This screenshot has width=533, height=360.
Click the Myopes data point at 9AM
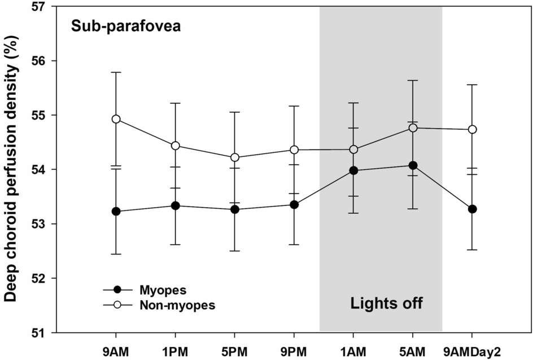click(116, 212)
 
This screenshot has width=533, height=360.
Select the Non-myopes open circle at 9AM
click(116, 119)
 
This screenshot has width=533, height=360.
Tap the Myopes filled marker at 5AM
click(413, 165)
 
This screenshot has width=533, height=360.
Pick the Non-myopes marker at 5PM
click(235, 157)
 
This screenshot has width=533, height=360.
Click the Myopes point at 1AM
click(353, 170)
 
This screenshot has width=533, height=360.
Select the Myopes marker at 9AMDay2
click(473, 209)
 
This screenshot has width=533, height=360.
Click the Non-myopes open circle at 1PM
click(176, 146)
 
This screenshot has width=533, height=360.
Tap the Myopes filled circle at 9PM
click(294, 204)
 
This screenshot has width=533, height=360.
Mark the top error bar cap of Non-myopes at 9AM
click(116, 72)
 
